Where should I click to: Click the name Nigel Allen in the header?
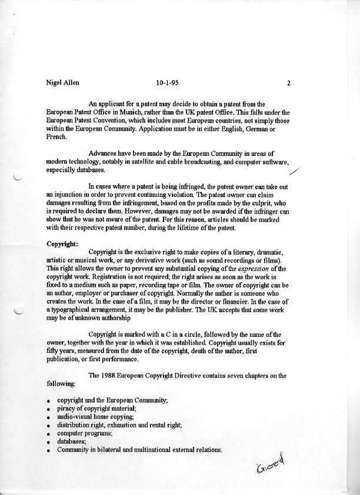tap(62, 83)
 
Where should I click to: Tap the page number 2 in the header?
tap(289, 83)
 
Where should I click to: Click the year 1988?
tap(113, 375)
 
